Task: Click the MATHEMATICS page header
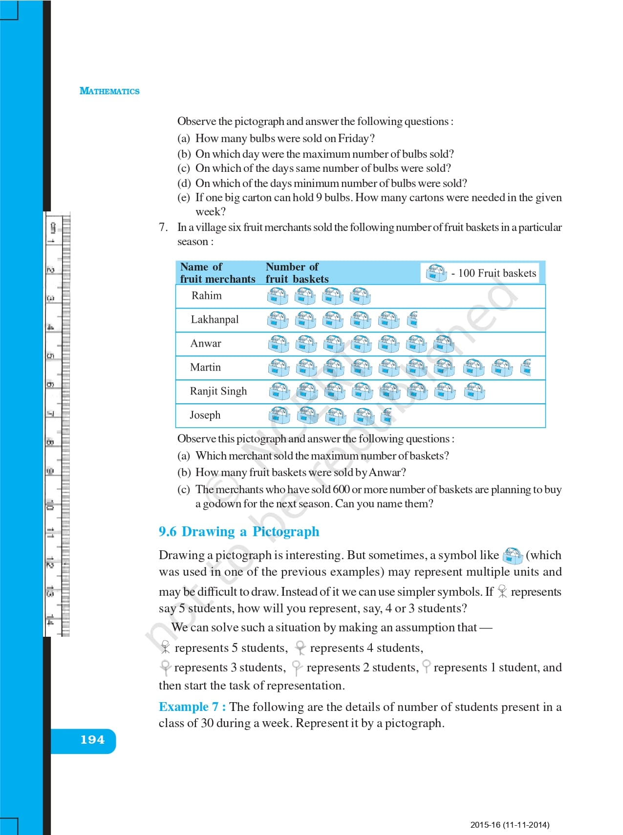coord(109,91)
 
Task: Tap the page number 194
coord(92,740)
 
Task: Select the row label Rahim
coord(206,296)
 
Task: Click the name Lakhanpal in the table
coord(215,320)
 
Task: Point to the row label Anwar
coord(206,344)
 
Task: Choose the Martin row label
coord(205,368)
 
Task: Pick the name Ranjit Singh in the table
coord(218,392)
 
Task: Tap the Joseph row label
coord(205,416)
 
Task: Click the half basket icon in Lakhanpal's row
coord(413,319)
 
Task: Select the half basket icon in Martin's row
coord(526,367)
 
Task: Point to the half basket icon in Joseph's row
coord(387,416)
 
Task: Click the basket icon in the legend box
coord(436,273)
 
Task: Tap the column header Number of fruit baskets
coord(297,273)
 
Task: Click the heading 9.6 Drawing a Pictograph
coord(238,532)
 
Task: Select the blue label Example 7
coord(192,707)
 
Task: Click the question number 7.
coord(163,228)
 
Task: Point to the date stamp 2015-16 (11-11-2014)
coord(509,825)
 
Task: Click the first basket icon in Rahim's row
coord(278,296)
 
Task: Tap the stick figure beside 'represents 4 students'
coord(301,648)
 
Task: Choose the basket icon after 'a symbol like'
coord(512,556)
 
